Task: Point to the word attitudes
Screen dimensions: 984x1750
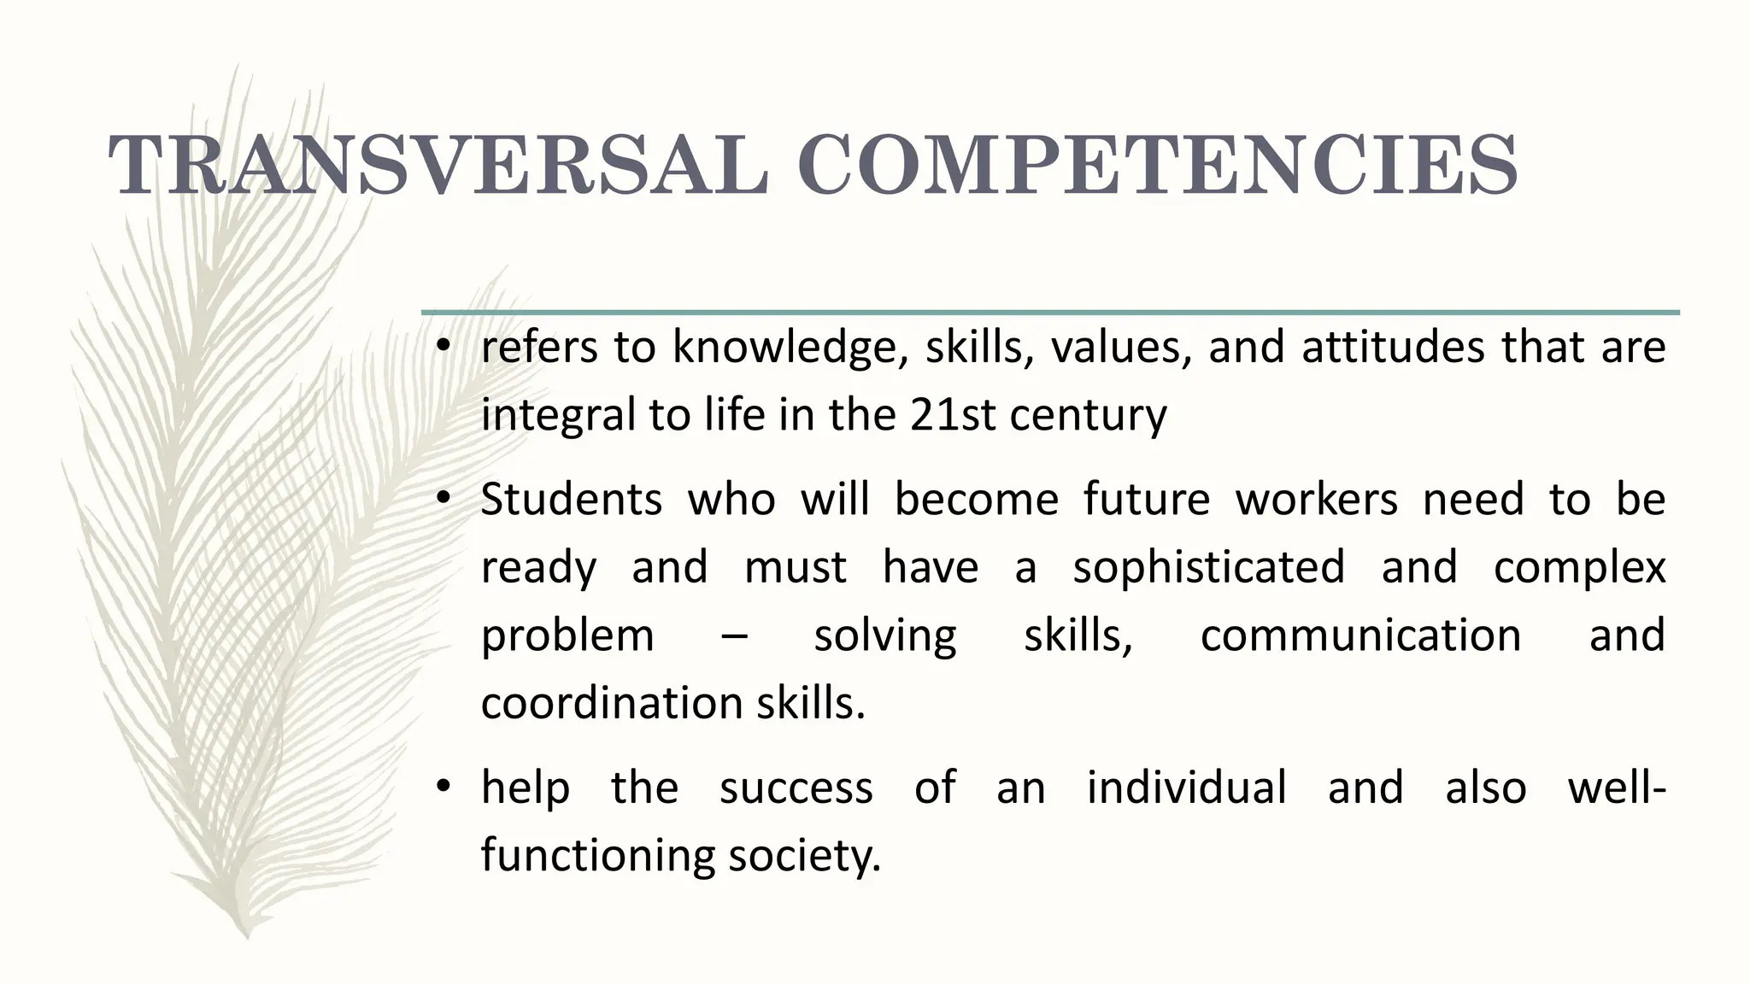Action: [x=1393, y=348]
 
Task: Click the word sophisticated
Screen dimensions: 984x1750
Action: [x=1209, y=568]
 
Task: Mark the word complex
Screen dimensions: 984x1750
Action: [x=1579, y=568]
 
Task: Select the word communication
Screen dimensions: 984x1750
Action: [x=1360, y=635]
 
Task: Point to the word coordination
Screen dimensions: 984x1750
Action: [x=612, y=703]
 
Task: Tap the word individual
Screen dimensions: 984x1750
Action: [x=1186, y=787]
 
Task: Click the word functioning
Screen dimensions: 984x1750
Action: [x=597, y=856]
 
